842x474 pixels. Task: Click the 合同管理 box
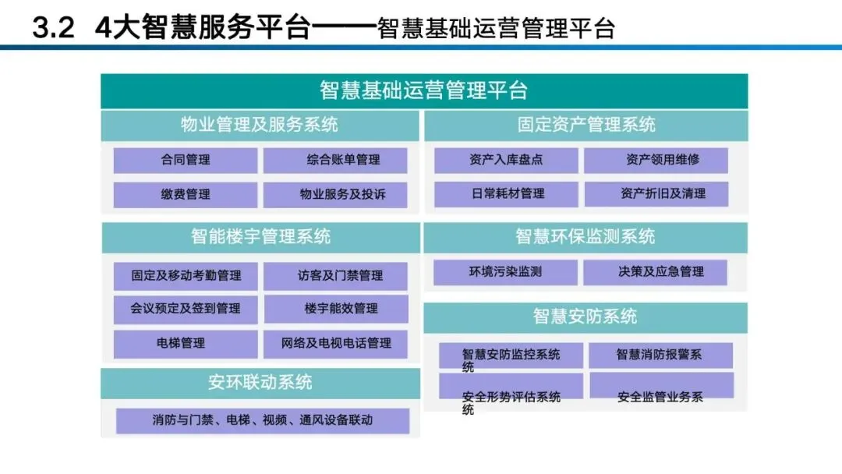186,161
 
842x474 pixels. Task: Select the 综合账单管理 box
335,161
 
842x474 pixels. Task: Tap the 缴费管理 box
186,194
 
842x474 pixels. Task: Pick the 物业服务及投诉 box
335,194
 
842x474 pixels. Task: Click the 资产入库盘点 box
506,161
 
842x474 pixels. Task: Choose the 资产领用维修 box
656,161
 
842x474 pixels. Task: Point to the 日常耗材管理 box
506,194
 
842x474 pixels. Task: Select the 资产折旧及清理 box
656,194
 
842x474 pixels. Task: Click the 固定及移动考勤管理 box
186,275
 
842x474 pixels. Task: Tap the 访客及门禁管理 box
335,275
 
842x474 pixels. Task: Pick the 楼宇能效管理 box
335,309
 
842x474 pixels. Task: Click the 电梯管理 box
186,343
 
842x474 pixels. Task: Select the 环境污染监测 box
505,272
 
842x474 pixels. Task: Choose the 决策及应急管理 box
655,272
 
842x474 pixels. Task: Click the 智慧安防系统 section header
585,317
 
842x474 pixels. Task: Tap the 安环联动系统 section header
260,383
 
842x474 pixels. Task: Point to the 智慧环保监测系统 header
585,237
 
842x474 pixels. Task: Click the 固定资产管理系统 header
586,125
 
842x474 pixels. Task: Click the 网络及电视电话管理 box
335,343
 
